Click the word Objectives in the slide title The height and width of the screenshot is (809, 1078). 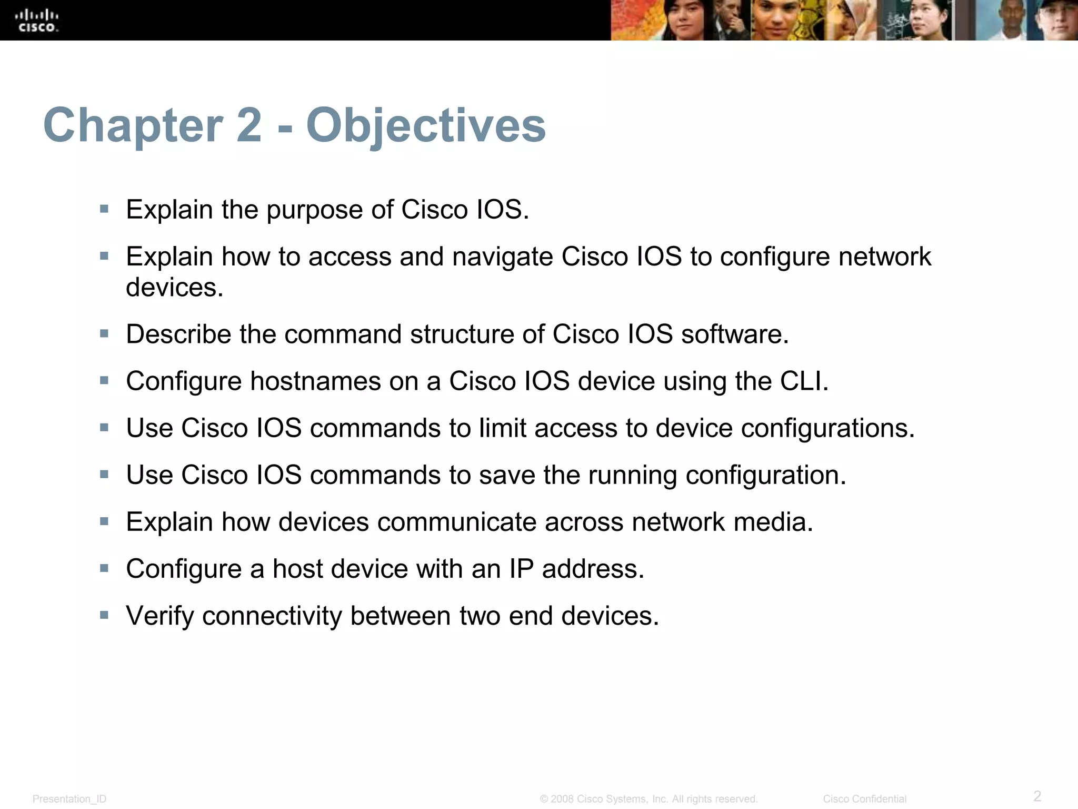coord(426,125)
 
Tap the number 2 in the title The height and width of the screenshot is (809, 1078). coord(248,125)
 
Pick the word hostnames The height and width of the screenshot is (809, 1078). coord(315,381)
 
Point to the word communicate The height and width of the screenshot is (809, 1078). coord(456,522)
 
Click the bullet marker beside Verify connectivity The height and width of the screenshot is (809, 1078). coord(104,615)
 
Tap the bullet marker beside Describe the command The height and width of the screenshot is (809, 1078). coord(104,333)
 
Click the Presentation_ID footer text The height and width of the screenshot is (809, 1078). coord(69,799)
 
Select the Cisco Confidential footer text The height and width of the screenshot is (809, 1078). coord(865,799)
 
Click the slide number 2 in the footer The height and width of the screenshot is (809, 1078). coord(1037,795)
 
